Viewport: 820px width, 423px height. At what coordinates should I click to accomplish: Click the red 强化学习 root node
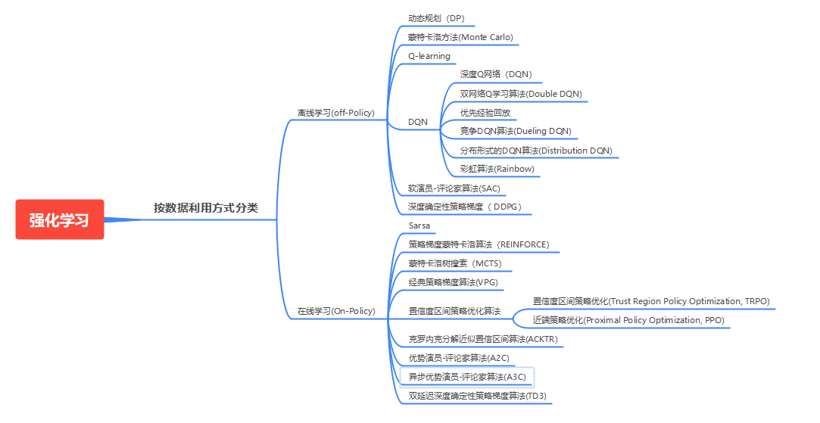[x=59, y=219]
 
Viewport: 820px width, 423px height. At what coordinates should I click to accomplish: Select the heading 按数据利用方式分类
[x=205, y=208]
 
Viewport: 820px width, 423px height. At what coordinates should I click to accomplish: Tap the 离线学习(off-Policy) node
[x=335, y=113]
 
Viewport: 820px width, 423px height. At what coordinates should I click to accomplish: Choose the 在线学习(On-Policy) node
[x=335, y=311]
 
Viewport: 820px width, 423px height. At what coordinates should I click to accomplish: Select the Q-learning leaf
[x=429, y=56]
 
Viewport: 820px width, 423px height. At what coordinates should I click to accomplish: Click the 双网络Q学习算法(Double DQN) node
[x=521, y=94]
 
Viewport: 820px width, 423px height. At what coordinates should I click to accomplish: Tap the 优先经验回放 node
[x=485, y=113]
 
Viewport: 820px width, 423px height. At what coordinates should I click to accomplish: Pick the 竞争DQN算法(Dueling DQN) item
[x=516, y=131]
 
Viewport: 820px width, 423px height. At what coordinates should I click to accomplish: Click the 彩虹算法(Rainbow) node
[x=497, y=169]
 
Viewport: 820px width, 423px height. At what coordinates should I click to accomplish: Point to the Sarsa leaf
[x=419, y=225]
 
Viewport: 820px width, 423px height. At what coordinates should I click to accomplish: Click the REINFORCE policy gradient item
[x=479, y=244]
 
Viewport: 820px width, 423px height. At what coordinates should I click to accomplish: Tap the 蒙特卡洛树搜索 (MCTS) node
[x=454, y=263]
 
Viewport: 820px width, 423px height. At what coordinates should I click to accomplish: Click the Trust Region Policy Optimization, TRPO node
[x=651, y=301]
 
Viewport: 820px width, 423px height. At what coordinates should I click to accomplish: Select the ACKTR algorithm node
[x=482, y=339]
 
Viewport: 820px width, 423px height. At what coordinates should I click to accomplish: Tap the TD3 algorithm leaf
[x=477, y=395]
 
